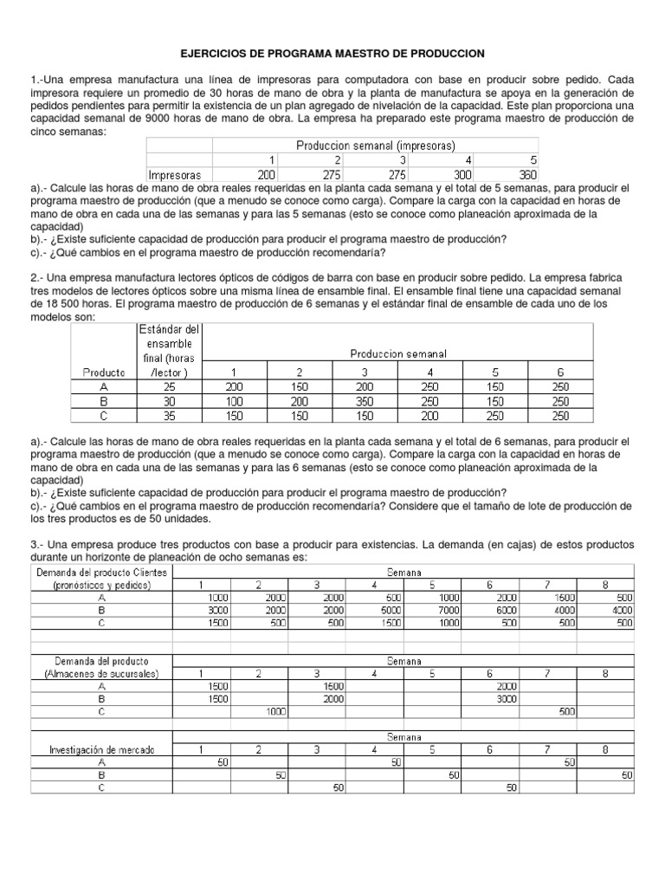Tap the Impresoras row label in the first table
pyautogui.click(x=175, y=174)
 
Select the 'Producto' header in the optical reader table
pyautogui.click(x=104, y=372)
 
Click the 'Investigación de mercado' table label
pyautogui.click(x=101, y=749)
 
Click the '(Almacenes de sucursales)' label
pyautogui.click(x=101, y=673)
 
